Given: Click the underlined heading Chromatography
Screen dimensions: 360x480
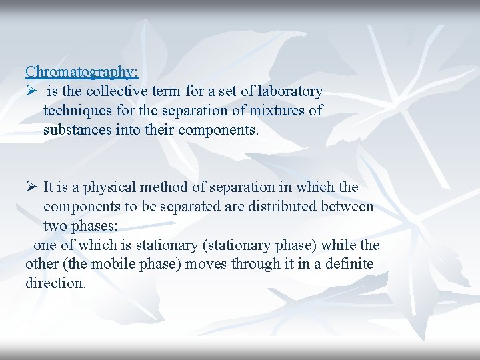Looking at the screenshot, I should click(82, 71).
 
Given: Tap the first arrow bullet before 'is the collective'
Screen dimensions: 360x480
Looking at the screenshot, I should click(31, 91).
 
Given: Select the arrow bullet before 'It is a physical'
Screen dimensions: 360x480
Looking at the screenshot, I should click(31, 187).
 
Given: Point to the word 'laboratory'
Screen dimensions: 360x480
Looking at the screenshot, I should click(291, 91).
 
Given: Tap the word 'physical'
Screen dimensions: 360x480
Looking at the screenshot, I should click(107, 187).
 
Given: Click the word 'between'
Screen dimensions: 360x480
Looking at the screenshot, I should click(350, 207).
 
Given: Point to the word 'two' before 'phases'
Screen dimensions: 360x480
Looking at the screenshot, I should click(55, 226).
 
